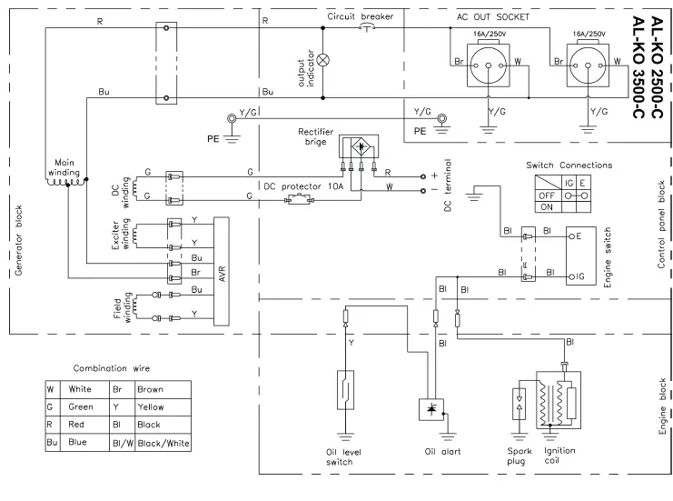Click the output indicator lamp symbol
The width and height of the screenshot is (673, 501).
click(x=321, y=59)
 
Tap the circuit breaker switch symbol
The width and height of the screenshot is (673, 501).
click(x=366, y=26)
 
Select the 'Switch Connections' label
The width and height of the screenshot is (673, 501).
click(x=569, y=165)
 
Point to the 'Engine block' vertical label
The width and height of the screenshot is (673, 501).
click(x=662, y=410)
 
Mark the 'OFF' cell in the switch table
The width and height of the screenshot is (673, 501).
click(x=548, y=194)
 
